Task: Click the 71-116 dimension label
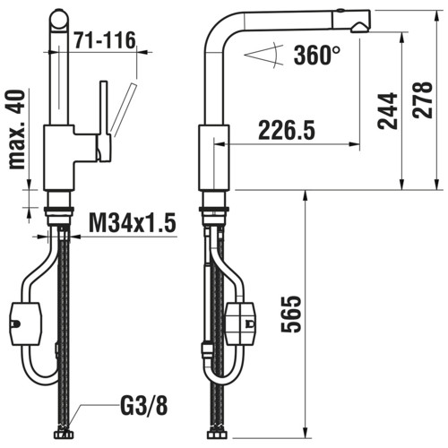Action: (105, 40)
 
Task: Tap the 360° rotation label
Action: (316, 56)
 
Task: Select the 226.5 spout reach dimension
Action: (287, 130)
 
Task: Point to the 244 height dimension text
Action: (388, 111)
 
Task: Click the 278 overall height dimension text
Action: (423, 99)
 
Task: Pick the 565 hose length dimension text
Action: (291, 314)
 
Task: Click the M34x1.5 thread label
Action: (133, 223)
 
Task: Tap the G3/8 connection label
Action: (144, 405)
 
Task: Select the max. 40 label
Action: (17, 130)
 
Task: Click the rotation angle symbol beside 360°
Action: (264, 55)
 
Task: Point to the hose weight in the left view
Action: (26, 324)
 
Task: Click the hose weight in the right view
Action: (240, 323)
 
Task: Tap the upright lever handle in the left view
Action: (104, 121)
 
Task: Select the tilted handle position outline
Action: (124, 110)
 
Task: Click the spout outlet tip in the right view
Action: (360, 28)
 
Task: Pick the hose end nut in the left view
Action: (64, 435)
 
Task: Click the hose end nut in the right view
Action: (217, 435)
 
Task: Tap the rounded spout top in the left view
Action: (59, 18)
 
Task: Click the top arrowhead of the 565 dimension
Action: (306, 196)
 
